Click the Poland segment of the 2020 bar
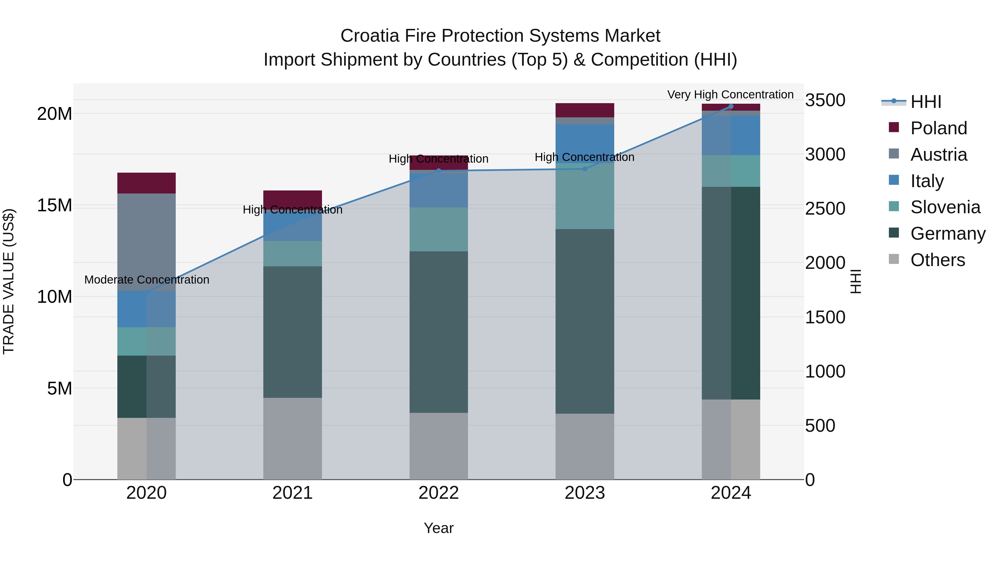(147, 183)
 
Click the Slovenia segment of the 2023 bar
(585, 196)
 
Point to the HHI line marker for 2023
(585, 169)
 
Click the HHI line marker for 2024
(731, 106)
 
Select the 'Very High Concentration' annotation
(730, 95)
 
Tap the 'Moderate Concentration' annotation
(147, 280)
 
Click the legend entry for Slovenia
(945, 207)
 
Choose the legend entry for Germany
(948, 234)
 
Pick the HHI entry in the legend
(926, 102)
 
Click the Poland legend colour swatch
(894, 127)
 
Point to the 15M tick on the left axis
(54, 205)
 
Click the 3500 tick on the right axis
(825, 100)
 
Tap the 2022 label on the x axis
(439, 493)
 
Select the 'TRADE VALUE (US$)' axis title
(9, 281)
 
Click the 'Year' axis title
(439, 528)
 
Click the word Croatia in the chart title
(370, 36)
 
